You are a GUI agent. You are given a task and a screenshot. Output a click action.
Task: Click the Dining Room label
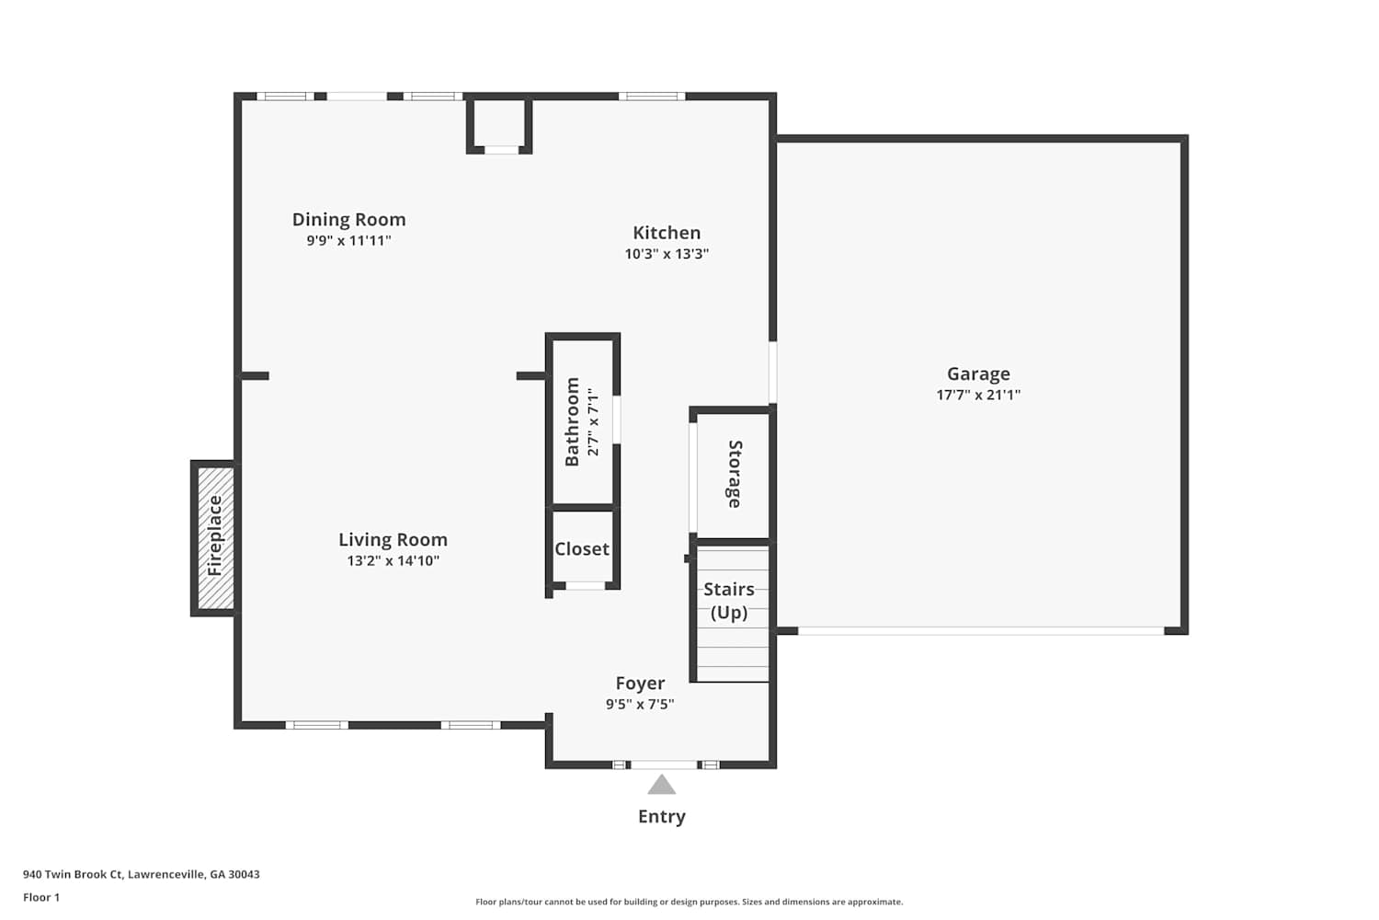[348, 219]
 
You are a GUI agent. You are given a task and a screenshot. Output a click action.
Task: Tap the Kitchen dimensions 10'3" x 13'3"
[667, 253]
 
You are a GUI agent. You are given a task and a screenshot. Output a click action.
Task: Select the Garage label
[978, 374]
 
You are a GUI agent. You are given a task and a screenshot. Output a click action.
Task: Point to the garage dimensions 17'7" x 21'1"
[978, 395]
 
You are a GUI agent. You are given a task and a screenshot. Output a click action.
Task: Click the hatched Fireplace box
[215, 538]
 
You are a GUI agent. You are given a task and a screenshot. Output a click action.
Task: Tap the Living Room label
[393, 540]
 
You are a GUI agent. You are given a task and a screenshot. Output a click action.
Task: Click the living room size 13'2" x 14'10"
[393, 561]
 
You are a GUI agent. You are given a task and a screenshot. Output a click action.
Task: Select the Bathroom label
[572, 422]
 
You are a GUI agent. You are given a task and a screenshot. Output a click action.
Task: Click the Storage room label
[735, 475]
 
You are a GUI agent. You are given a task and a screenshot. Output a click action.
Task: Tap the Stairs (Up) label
[729, 601]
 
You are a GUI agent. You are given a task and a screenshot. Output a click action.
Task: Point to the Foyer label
[640, 684]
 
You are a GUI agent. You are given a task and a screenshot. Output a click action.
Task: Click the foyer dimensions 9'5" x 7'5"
[640, 705]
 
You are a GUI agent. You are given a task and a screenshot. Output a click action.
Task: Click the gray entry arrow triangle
[662, 786]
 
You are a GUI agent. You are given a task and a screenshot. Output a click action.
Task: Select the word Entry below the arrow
[662, 816]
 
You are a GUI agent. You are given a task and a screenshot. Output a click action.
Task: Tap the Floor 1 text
[41, 898]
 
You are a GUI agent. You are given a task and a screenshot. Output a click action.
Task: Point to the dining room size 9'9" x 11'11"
[349, 240]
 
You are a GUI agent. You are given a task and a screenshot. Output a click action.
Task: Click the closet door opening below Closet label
[585, 585]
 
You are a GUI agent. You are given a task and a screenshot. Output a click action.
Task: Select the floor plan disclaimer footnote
[689, 903]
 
